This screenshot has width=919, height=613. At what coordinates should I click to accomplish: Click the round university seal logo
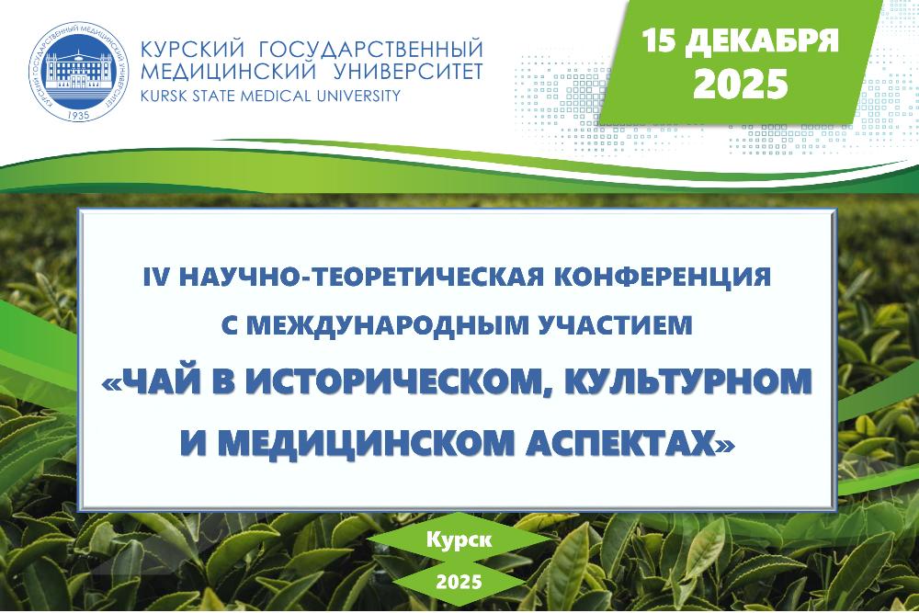(78, 72)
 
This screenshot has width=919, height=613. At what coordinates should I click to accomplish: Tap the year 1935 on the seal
(78, 114)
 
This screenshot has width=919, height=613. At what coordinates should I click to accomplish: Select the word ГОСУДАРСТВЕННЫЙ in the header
(371, 49)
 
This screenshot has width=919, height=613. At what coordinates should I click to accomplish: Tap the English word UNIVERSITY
(358, 95)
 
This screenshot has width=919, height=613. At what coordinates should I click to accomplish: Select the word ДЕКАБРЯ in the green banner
(762, 41)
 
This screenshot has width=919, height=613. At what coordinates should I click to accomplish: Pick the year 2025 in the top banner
(740, 84)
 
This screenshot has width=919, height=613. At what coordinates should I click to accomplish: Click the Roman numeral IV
(155, 277)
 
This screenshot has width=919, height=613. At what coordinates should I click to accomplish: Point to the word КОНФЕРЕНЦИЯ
(663, 278)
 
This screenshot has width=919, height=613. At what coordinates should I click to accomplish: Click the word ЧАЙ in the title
(169, 381)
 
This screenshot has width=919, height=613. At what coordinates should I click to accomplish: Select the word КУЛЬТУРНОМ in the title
(687, 381)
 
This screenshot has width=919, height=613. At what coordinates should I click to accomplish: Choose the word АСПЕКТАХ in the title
(621, 442)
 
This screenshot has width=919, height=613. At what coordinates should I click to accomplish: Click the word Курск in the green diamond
(459, 539)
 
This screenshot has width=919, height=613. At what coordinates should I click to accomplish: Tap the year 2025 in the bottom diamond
(459, 582)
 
